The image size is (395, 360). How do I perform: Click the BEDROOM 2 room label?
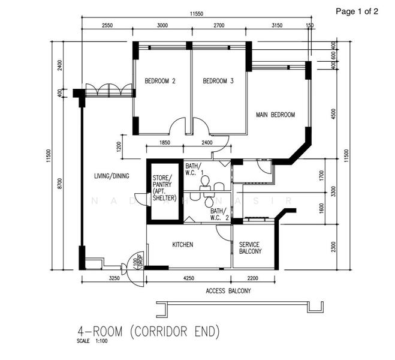(x=159, y=82)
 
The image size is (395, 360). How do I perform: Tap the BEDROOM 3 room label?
(x=218, y=82)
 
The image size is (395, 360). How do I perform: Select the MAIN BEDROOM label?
(x=275, y=115)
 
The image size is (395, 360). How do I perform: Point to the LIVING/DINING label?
(x=112, y=176)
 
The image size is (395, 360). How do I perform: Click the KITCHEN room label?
(x=182, y=245)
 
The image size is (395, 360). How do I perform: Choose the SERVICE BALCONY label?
(x=250, y=248)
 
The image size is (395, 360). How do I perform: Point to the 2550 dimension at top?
(x=107, y=26)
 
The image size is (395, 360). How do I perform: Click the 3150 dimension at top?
(x=276, y=26)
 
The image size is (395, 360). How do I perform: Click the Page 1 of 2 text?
(x=357, y=11)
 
